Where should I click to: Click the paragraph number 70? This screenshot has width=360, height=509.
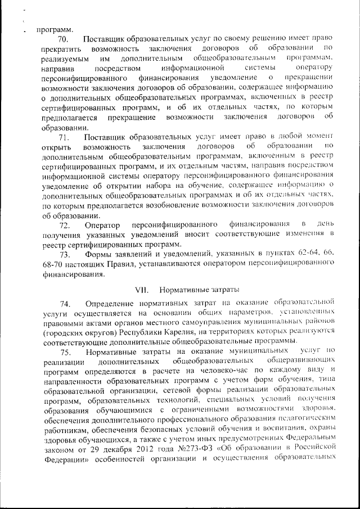click(62, 39)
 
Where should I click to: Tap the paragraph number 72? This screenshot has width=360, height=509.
click(62, 226)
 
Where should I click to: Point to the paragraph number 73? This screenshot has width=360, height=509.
click(62, 255)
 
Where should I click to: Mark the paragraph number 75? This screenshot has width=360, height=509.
click(62, 352)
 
